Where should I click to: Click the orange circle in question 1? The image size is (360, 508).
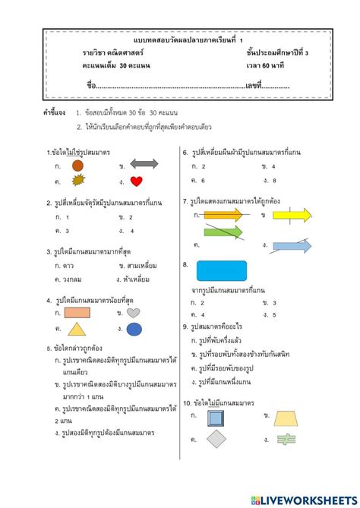tap(77, 165)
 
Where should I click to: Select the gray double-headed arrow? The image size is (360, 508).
tap(144, 164)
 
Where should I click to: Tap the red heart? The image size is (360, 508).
tap(137, 181)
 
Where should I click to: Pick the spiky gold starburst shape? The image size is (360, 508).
tap(77, 181)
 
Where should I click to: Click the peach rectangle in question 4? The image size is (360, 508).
tap(77, 312)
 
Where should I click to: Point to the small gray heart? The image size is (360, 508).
tap(133, 312)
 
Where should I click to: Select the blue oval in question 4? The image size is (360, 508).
tap(134, 329)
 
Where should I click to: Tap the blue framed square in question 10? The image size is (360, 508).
tap(216, 417)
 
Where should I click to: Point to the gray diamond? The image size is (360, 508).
tap(217, 439)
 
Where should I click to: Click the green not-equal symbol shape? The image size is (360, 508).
tap(286, 439)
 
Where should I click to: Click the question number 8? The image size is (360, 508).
tap(185, 264)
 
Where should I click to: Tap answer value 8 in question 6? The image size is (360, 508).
tap(274, 181)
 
